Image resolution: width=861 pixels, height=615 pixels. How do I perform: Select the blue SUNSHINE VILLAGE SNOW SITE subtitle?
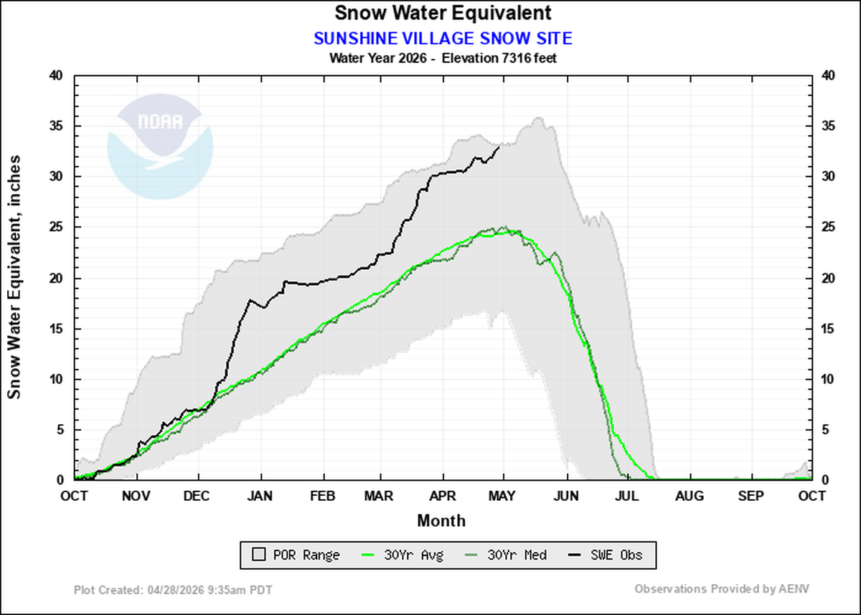[x=442, y=38]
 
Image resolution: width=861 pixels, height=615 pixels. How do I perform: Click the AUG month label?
[x=690, y=496]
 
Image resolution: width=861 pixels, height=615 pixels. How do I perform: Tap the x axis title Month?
[x=441, y=520]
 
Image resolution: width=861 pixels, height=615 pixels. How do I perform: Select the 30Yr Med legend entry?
[x=510, y=555]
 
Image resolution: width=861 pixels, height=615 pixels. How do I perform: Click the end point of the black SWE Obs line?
[x=499, y=146]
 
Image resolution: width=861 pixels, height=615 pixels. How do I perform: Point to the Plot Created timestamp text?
[x=173, y=589]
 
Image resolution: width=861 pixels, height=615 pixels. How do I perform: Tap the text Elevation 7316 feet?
[x=499, y=58]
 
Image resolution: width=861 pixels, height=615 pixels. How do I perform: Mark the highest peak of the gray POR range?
[x=536, y=118]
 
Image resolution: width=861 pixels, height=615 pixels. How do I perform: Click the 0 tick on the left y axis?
[x=60, y=480]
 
